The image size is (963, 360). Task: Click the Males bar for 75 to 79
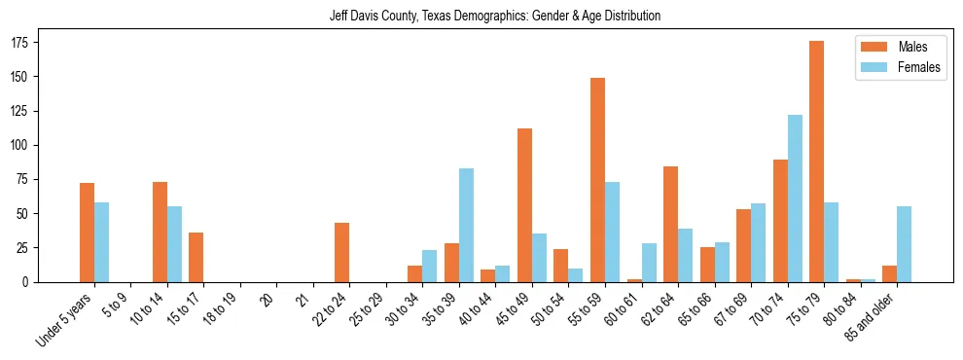816,162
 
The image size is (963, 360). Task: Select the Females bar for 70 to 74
795,198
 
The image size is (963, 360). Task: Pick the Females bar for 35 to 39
466,225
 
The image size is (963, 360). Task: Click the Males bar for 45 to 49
524,205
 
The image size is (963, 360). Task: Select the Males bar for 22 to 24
341,252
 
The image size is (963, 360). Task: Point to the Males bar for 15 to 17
196,257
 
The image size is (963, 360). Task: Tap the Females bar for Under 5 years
101,242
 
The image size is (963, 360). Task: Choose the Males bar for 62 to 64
670,224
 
